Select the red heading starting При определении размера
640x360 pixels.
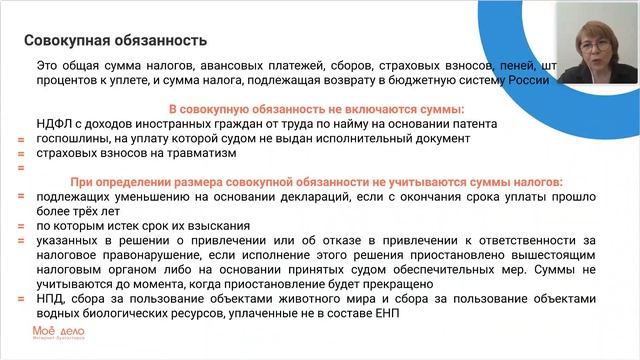tap(316, 183)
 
